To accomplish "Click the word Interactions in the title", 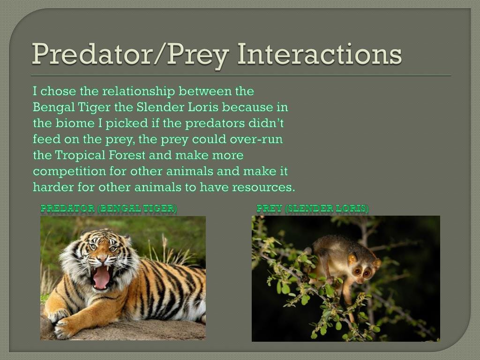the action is coord(319,54).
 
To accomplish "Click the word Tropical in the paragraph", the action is coord(80,155).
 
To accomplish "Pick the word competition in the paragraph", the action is coord(69,171).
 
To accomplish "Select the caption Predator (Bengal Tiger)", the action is coord(109,209).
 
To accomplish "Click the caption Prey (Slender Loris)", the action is coord(313,209).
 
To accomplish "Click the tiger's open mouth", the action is coord(101,277).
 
